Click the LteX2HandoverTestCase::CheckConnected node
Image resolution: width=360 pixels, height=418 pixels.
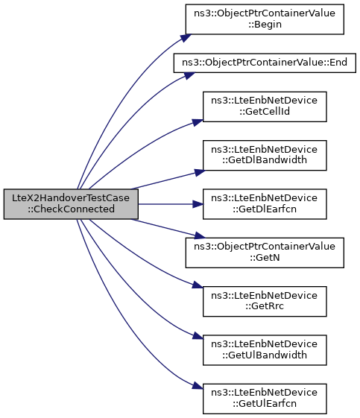pyautogui.click(x=71, y=204)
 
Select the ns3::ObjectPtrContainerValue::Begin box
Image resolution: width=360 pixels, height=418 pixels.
pyautogui.click(x=265, y=19)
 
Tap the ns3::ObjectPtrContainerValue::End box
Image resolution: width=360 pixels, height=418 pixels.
pyautogui.click(x=265, y=63)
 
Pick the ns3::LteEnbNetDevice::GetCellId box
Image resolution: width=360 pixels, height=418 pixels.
pyautogui.click(x=265, y=107)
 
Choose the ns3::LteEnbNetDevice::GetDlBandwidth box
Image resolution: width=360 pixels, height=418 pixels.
pyautogui.click(x=265, y=155)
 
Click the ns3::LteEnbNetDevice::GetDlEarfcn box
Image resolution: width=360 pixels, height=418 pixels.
pyautogui.click(x=265, y=204)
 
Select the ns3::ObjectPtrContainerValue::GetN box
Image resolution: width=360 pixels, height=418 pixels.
pyautogui.click(x=265, y=253)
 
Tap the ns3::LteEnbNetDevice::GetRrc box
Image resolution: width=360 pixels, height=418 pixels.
pyautogui.click(x=265, y=301)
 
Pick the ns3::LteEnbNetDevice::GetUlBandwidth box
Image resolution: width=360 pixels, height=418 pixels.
pyautogui.click(x=265, y=350)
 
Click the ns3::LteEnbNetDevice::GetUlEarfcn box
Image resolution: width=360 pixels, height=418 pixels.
pyautogui.click(x=265, y=399)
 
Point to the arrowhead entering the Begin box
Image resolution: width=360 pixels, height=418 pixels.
pyautogui.click(x=186, y=37)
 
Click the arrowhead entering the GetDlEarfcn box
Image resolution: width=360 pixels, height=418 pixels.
pyautogui.click(x=198, y=204)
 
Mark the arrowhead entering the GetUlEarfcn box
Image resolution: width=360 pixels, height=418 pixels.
pyautogui.click(x=198, y=386)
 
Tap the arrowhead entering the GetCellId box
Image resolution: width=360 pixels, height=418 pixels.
pyautogui.click(x=198, y=122)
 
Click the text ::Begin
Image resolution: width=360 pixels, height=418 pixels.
pyautogui.click(x=265, y=25)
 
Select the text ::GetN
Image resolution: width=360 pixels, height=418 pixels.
pyautogui.click(x=265, y=258)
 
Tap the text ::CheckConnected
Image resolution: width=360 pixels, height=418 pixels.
pyautogui.click(x=71, y=209)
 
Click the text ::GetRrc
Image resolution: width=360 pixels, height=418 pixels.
pyautogui.click(x=265, y=306)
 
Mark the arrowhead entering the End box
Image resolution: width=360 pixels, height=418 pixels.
pyautogui.click(x=189, y=75)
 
